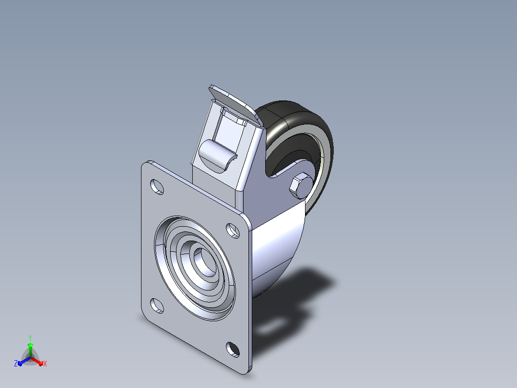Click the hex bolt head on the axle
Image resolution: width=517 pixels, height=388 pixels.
pos(301,186)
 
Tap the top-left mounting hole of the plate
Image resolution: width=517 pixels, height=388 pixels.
pos(157,187)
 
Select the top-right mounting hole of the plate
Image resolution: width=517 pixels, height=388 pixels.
pos(233,230)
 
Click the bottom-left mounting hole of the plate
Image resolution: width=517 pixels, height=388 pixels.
pos(157,305)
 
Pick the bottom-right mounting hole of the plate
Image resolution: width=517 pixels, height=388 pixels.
pos(233,350)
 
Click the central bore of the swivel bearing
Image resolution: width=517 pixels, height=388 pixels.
pos(204,262)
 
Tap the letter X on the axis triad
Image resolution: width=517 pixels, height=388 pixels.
pos(45,364)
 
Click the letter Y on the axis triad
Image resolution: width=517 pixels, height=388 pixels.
pos(30,338)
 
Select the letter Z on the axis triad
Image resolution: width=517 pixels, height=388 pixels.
pos(16,363)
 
